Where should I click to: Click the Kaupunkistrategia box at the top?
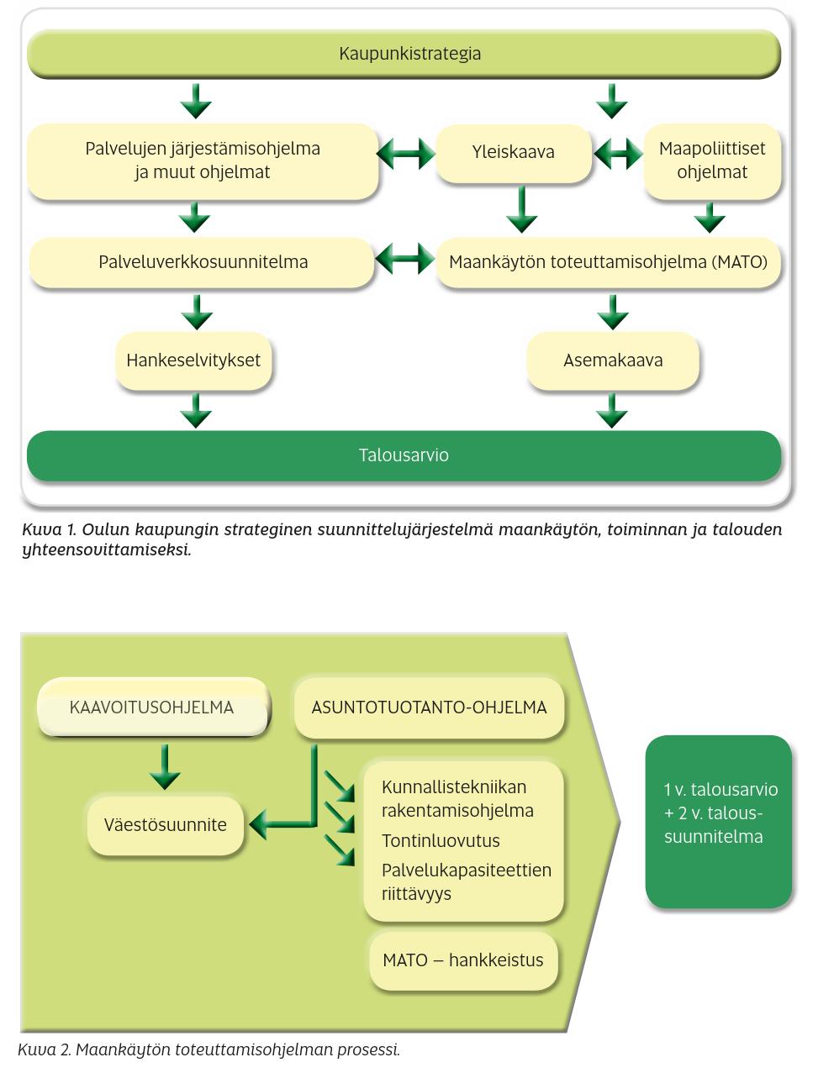pyautogui.click(x=404, y=53)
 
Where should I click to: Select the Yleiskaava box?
pyautogui.click(x=514, y=153)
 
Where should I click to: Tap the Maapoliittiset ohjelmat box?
pyautogui.click(x=712, y=161)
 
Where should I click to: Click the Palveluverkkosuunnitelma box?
pyautogui.click(x=202, y=262)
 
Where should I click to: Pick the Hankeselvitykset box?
pyautogui.click(x=193, y=360)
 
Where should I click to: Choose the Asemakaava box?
pyautogui.click(x=613, y=360)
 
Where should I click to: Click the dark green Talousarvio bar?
pyautogui.click(x=404, y=455)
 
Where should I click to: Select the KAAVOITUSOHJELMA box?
pyautogui.click(x=152, y=707)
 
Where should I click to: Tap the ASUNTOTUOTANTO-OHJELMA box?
pyautogui.click(x=429, y=707)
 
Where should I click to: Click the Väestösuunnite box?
pyautogui.click(x=165, y=824)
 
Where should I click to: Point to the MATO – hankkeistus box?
pyautogui.click(x=463, y=960)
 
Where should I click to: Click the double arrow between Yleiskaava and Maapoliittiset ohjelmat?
pyautogui.click(x=618, y=153)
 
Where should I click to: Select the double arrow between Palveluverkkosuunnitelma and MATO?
pyautogui.click(x=404, y=258)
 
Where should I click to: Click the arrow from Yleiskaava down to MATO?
pyautogui.click(x=522, y=210)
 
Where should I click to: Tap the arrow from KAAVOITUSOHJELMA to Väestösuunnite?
pyautogui.click(x=165, y=767)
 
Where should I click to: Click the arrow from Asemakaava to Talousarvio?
pyautogui.click(x=612, y=411)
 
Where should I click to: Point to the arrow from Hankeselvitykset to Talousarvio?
pyautogui.click(x=196, y=411)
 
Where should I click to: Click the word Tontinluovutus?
pyautogui.click(x=441, y=841)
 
